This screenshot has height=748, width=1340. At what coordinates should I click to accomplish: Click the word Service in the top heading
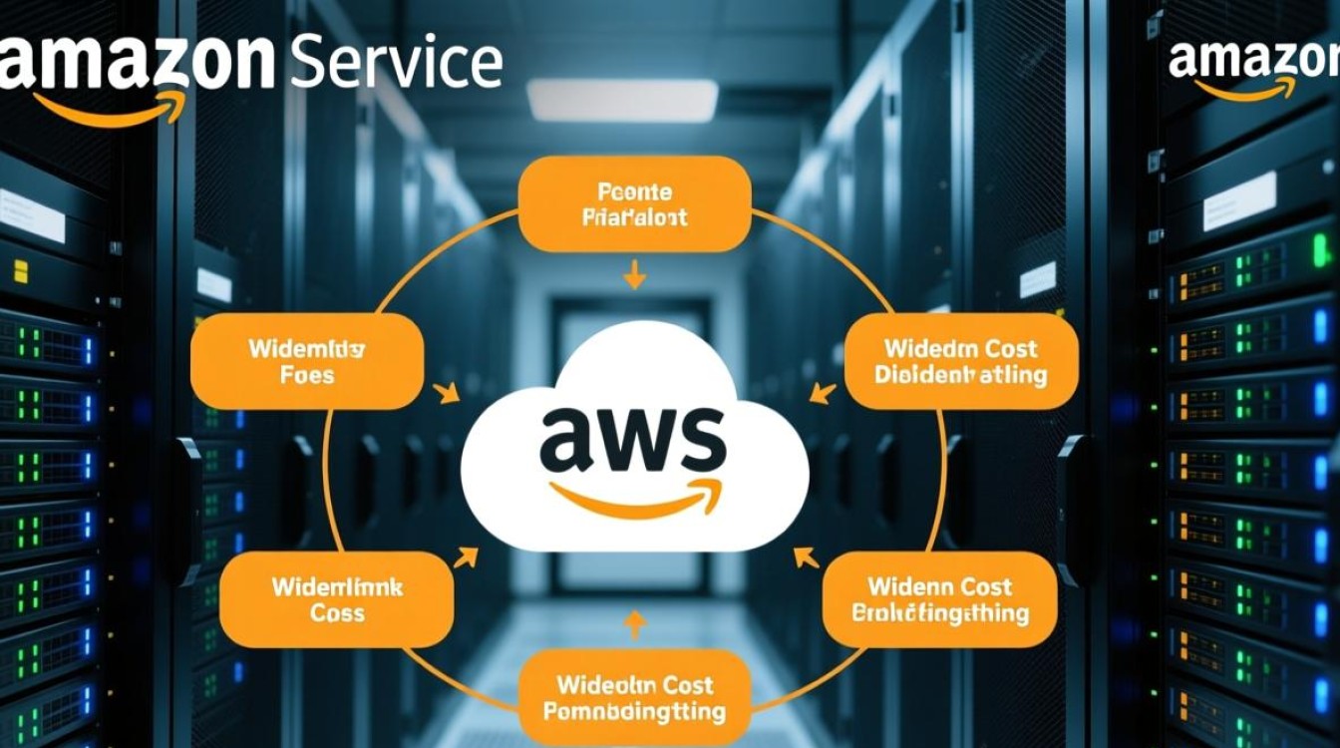pos(396,63)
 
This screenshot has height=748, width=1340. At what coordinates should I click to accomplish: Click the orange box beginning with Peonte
pos(634,203)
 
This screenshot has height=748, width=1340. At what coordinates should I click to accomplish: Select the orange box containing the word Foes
pos(306,362)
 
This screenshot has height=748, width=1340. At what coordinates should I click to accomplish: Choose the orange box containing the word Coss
pos(336,599)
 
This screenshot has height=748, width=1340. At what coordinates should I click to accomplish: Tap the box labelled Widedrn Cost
pos(960,362)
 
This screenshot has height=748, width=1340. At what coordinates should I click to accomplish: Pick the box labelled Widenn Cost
pos(939,599)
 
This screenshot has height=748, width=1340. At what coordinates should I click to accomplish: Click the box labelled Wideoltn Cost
pos(634,697)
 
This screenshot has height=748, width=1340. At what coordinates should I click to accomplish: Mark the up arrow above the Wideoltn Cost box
pos(634,623)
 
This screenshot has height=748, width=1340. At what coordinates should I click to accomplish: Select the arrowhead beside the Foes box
pos(448,393)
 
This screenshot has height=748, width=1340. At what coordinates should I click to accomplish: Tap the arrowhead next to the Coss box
pos(465,557)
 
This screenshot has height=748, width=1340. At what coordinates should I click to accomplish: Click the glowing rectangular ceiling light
pos(622,101)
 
